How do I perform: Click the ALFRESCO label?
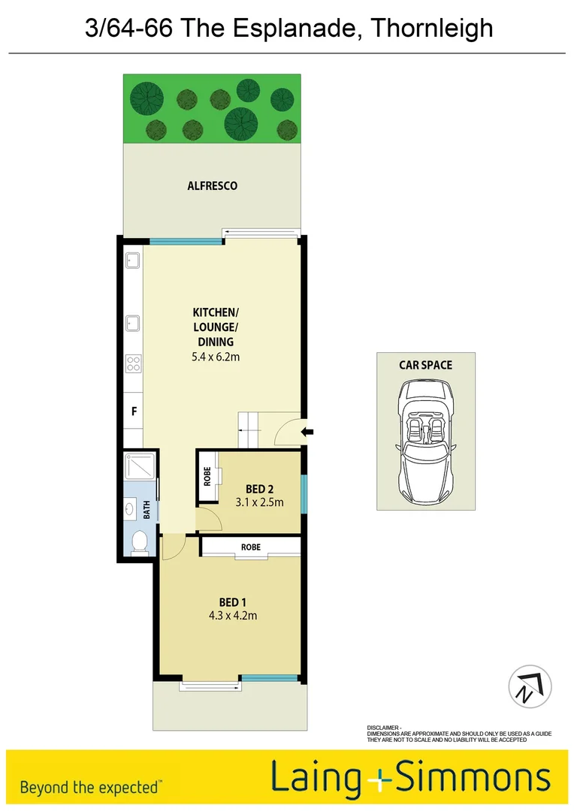point(212,185)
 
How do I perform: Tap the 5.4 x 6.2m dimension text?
point(215,357)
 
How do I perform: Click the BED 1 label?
point(232,602)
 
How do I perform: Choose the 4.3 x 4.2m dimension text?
point(232,616)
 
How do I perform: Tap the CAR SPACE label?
point(425,365)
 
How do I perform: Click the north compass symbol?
point(530,687)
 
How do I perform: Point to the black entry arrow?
point(308,431)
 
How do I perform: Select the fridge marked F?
point(133,412)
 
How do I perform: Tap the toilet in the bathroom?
point(138,543)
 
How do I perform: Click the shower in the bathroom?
point(140,469)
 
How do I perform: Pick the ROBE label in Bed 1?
point(251,547)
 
